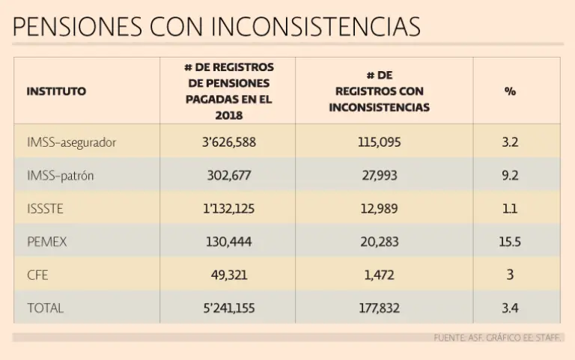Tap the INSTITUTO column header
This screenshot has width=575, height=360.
pos(56,91)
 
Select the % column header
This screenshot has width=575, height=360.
pos(510,91)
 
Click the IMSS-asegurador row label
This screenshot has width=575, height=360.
pos(71,142)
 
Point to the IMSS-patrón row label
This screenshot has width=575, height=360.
pos(60,176)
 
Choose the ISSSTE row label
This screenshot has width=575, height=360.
pos(45,209)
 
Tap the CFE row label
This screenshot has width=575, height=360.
pos(37,275)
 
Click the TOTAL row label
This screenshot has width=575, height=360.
pos(45,308)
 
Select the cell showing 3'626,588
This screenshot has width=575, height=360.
pos(229,142)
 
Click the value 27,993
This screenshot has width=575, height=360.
pos(380,176)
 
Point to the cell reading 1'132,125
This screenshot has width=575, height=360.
pos(229,209)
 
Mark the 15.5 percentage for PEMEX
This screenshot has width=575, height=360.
pos(510,242)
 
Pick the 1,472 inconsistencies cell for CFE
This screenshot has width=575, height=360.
pos(380,275)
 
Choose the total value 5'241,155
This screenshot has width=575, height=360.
pos(229,308)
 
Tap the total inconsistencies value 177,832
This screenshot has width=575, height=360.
pos(380,308)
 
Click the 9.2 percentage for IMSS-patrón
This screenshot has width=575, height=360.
pos(510,176)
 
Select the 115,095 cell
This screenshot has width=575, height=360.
pos(380,142)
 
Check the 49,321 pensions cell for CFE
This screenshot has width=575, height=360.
pos(229,275)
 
